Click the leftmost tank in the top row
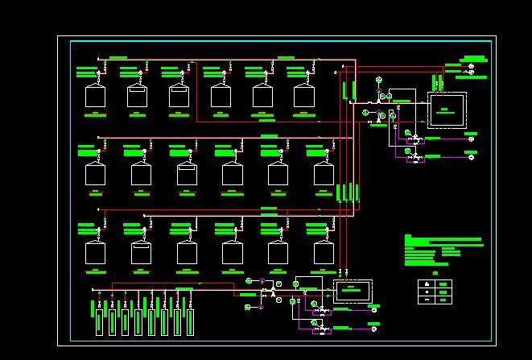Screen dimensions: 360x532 (96, 96)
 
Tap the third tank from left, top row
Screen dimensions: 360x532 (179, 96)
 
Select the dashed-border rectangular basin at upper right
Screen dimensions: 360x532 (446, 110)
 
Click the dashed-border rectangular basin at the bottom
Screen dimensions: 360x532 (353, 292)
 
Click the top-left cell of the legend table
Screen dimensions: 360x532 (425, 284)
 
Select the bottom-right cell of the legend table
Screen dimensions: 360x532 (443, 300)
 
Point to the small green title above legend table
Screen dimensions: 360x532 (435, 273)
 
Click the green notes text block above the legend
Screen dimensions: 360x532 (443, 249)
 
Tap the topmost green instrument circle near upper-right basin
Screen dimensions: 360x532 (377, 81)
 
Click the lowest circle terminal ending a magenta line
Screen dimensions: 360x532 (375, 329)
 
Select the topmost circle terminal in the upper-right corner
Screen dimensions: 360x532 (472, 65)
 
